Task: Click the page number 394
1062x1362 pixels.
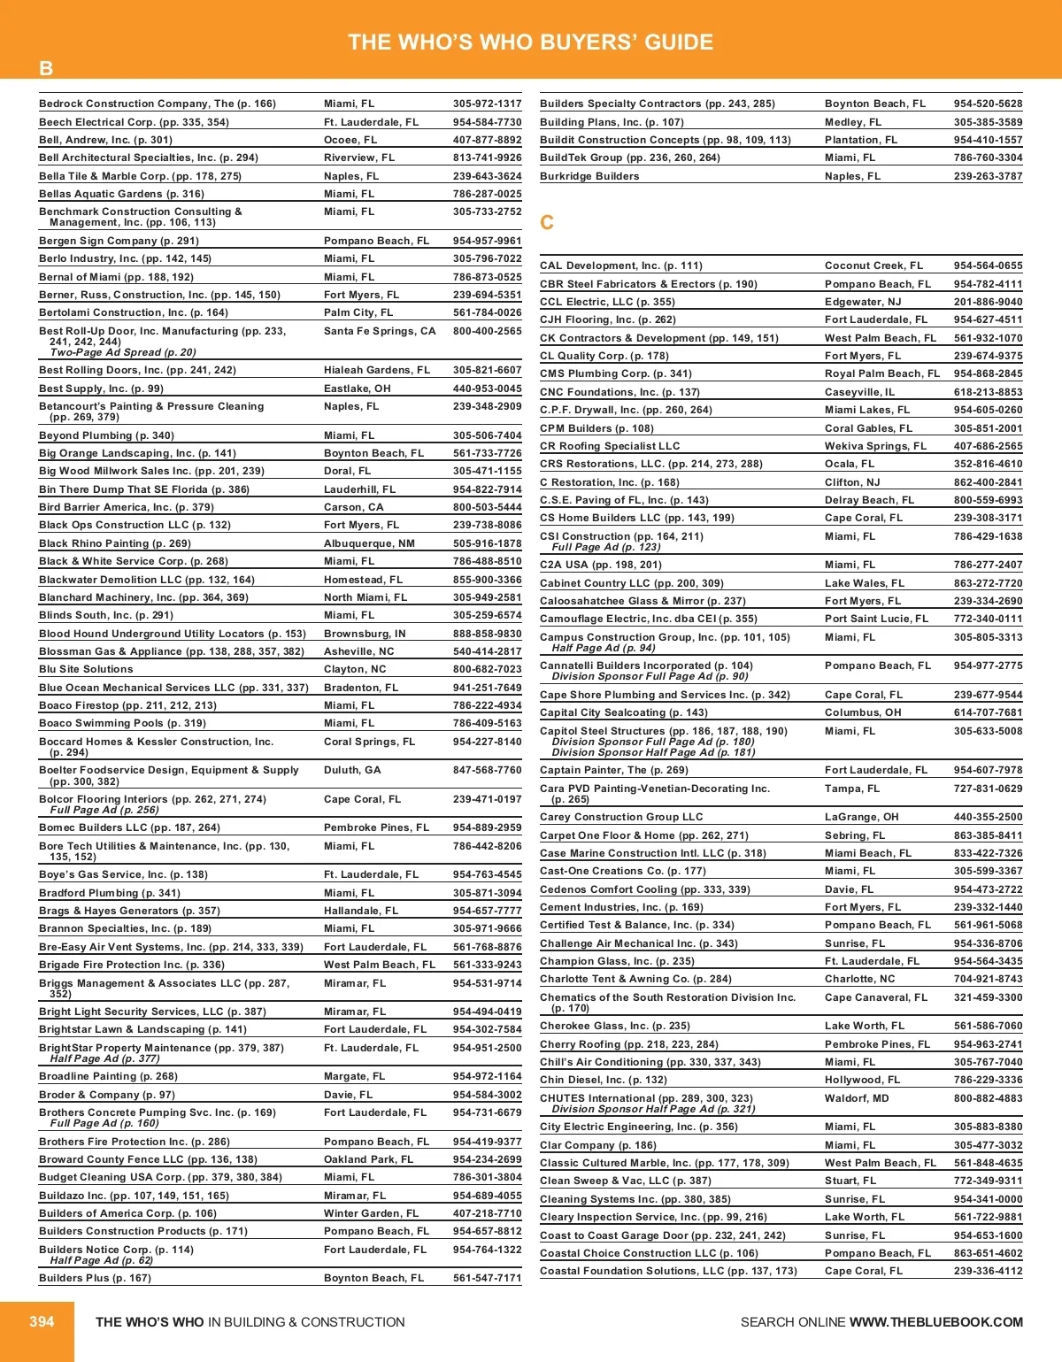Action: [x=42, y=1321]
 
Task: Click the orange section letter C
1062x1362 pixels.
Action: [x=547, y=222]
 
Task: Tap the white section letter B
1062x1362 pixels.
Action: [x=46, y=68]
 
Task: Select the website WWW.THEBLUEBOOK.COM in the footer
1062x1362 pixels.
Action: [x=935, y=1322]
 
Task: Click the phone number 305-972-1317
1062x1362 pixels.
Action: [x=487, y=104]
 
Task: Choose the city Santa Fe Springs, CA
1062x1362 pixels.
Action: [x=380, y=331]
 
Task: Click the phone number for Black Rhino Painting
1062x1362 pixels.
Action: [x=487, y=543]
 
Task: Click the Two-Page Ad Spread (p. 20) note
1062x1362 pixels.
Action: [x=123, y=352]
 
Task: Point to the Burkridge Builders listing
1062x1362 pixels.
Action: [x=589, y=176]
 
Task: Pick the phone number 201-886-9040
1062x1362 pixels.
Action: [x=988, y=302]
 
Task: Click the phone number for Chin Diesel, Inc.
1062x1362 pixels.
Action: [x=988, y=1080]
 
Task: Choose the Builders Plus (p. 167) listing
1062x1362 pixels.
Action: [x=95, y=1278]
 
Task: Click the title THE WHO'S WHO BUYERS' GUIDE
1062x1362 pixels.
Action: [x=531, y=42]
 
